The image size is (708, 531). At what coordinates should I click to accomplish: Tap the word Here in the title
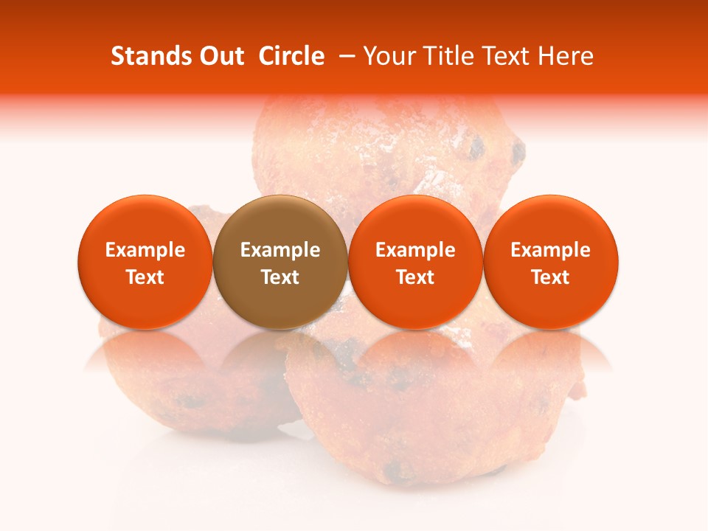pos(566,56)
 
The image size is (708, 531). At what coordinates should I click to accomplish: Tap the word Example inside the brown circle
pos(280,250)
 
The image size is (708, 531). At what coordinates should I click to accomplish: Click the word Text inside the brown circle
pos(280,277)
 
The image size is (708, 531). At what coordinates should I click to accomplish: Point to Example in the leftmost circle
pos(145,250)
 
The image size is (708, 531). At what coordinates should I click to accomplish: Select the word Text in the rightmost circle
pos(551,277)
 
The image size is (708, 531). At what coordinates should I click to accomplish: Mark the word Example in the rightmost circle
pos(551,250)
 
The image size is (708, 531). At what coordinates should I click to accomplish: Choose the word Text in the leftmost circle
pos(145,277)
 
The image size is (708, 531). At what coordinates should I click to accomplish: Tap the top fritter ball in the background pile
pos(383,147)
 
